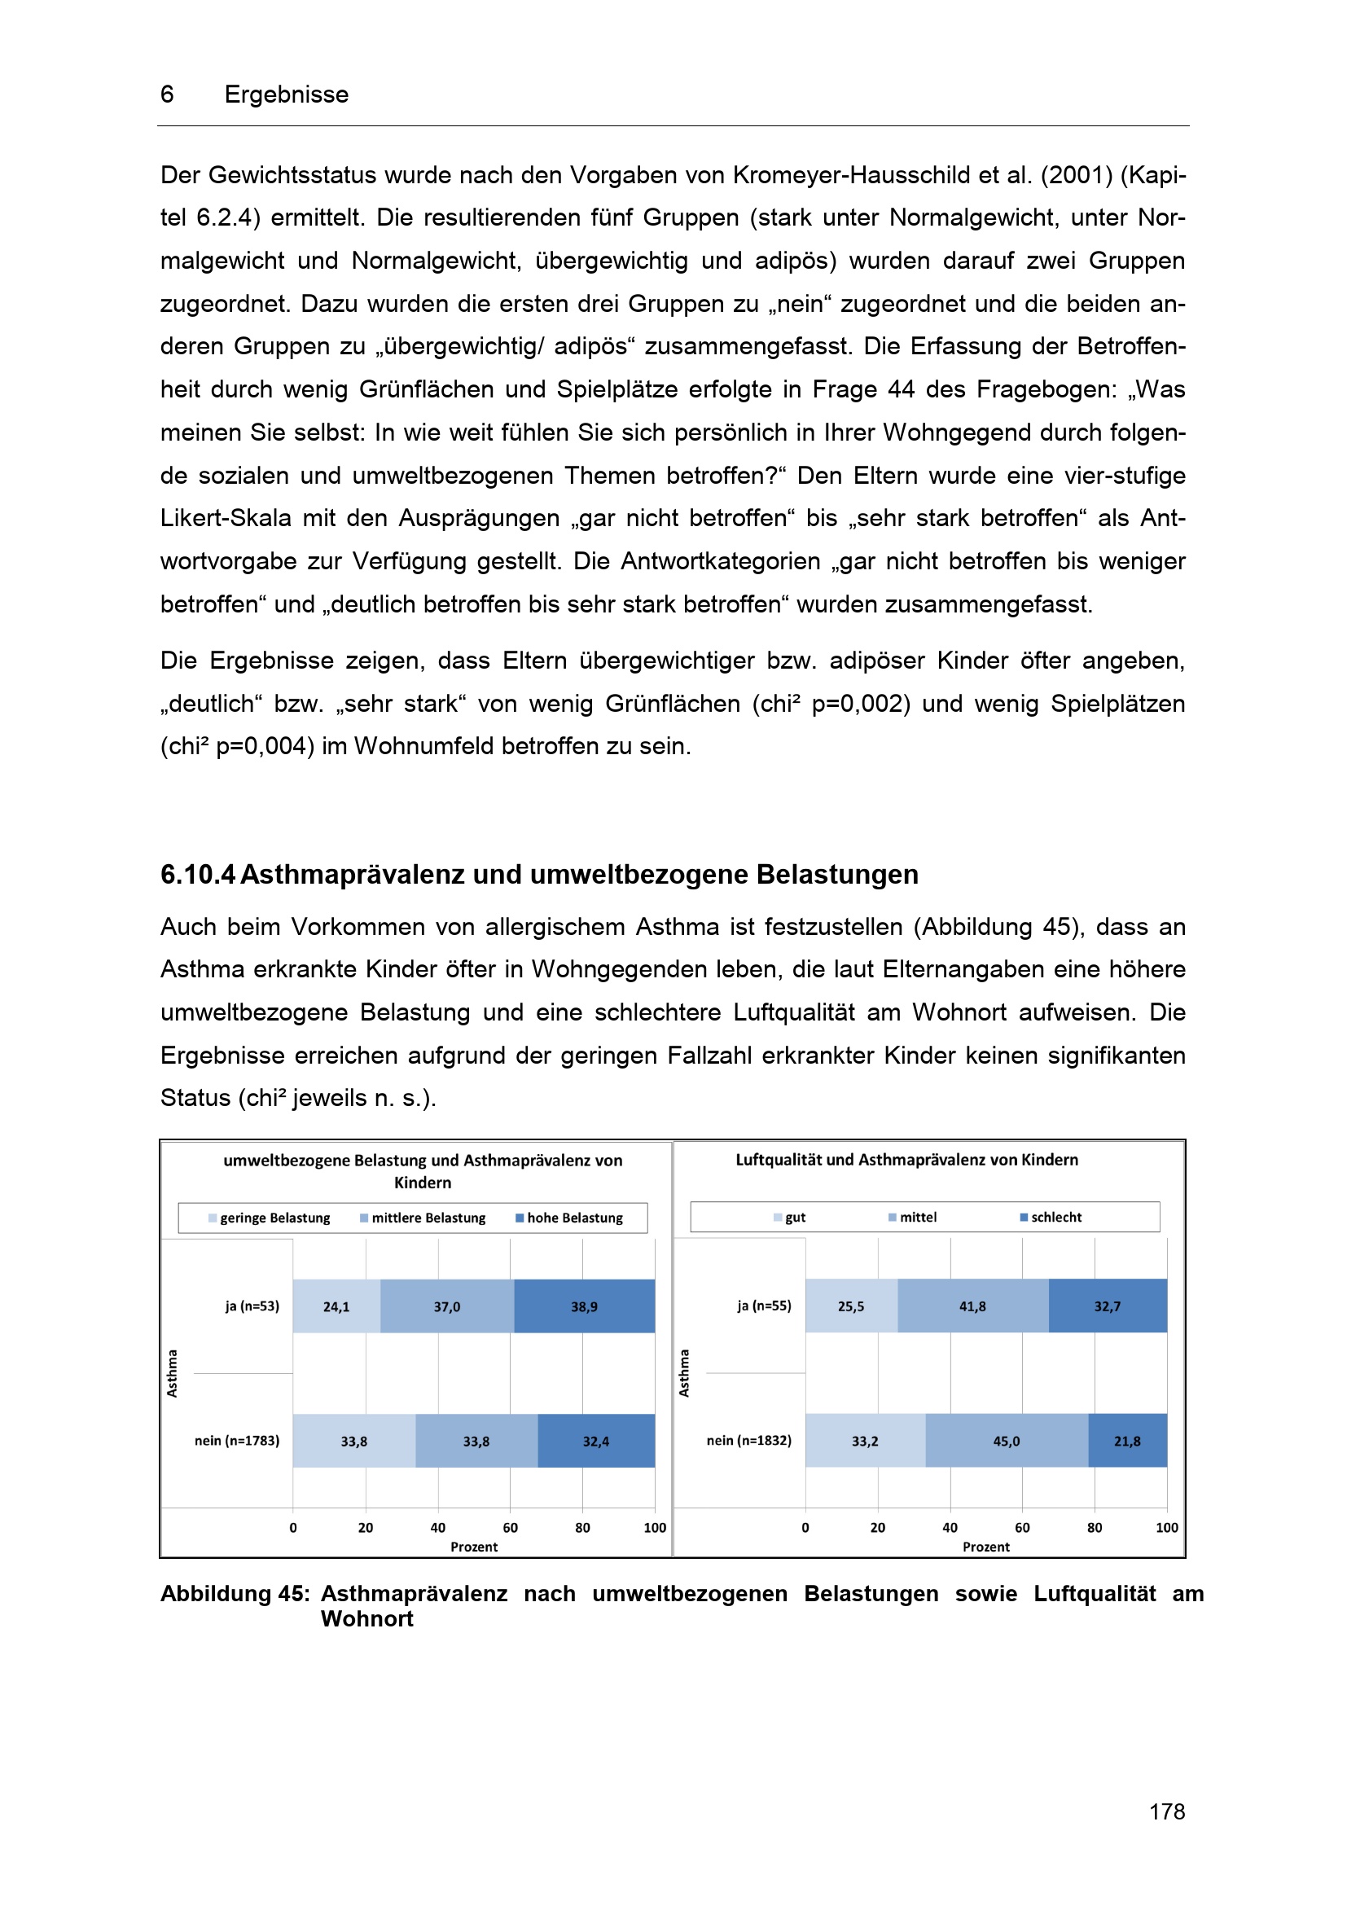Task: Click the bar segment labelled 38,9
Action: (x=584, y=1306)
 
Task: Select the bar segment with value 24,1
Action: (x=336, y=1306)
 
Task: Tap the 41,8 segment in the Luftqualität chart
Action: (x=972, y=1306)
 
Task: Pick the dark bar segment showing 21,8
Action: (x=1126, y=1442)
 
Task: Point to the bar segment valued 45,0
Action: (x=1006, y=1442)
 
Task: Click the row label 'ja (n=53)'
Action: (x=252, y=1306)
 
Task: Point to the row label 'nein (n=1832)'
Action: (x=749, y=1441)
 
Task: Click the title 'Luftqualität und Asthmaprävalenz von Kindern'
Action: (x=906, y=1160)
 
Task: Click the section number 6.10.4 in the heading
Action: (x=197, y=875)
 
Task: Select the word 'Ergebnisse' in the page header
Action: (x=286, y=94)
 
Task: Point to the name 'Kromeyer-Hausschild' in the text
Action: (x=852, y=175)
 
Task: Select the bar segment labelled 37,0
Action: (x=446, y=1306)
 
